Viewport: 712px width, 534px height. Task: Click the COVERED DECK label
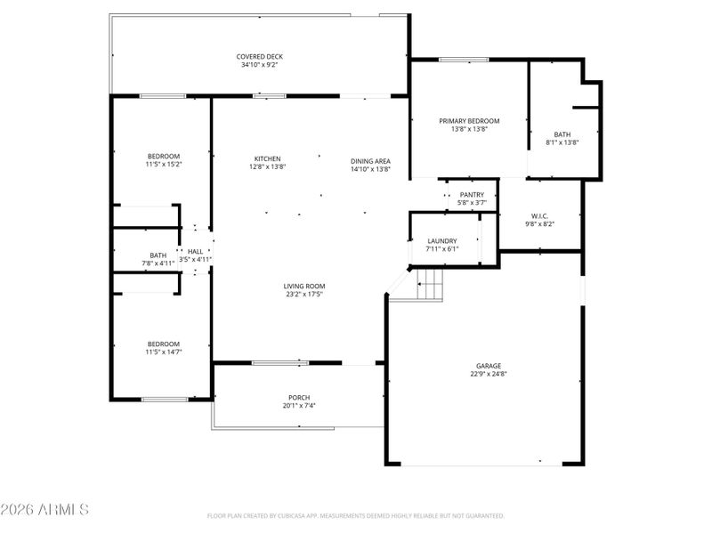260,56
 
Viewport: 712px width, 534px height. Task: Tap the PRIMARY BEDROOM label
469,121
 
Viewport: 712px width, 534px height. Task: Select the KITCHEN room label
267,159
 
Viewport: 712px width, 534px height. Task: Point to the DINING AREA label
369,161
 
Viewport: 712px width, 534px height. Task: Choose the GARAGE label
488,366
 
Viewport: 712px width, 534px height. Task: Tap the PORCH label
298,398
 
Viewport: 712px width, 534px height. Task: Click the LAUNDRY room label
442,241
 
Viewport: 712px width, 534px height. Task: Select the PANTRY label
472,194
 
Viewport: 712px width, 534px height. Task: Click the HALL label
195,252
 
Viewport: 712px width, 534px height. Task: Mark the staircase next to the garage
430,286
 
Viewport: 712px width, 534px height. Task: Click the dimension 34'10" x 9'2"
260,65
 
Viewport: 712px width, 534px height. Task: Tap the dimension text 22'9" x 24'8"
488,375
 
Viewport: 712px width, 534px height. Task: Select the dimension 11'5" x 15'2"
163,165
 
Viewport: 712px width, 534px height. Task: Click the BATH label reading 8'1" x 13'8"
562,133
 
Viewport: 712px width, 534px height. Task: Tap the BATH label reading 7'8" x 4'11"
158,255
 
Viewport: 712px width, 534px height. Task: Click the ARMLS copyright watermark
44,510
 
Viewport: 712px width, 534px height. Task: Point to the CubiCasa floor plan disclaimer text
356,515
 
